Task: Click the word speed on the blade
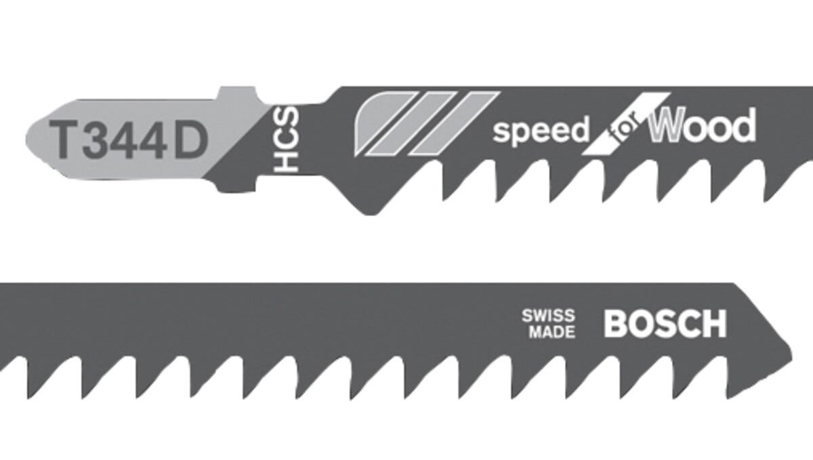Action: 541,131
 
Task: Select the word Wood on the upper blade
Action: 701,127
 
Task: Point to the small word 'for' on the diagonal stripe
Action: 623,133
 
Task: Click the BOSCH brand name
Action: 664,323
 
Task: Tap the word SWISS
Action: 548,316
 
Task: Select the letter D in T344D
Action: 189,140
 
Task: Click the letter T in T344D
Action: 68,140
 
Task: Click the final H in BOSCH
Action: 713,323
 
